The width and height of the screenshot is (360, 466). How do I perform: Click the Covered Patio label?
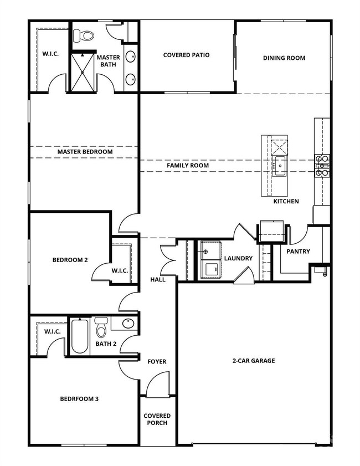pyautogui.click(x=186, y=55)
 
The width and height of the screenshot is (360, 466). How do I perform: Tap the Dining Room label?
pyautogui.click(x=284, y=58)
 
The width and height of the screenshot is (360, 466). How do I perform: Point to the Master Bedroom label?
pyautogui.click(x=85, y=151)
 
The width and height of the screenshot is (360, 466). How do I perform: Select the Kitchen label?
pyautogui.click(x=286, y=201)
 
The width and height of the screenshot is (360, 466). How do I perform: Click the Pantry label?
pyautogui.click(x=298, y=251)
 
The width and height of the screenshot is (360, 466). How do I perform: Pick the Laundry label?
pyautogui.click(x=238, y=258)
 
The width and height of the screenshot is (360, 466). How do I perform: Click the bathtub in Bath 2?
pyautogui.click(x=80, y=335)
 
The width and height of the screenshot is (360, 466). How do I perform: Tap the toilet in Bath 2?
pyautogui.click(x=101, y=329)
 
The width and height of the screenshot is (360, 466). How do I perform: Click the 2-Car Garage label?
pyautogui.click(x=253, y=361)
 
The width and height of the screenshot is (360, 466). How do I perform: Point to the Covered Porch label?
pyautogui.click(x=157, y=419)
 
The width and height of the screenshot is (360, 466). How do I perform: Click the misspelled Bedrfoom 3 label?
pyautogui.click(x=79, y=398)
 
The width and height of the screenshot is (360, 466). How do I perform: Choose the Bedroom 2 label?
pyautogui.click(x=70, y=259)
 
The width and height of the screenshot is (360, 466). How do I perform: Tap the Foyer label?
pyautogui.click(x=157, y=362)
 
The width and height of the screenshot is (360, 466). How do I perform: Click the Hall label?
pyautogui.click(x=158, y=280)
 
